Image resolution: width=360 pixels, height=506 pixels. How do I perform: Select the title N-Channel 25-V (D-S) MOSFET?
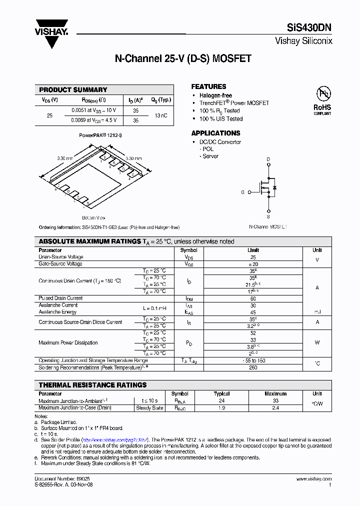click(183, 58)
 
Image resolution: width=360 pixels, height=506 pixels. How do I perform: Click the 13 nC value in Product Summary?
click(161, 115)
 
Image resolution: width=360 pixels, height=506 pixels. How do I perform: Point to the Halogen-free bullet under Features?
click(215, 95)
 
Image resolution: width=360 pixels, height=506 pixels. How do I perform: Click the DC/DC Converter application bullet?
click(220, 142)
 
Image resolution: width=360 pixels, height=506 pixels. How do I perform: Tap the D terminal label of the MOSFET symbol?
click(268, 159)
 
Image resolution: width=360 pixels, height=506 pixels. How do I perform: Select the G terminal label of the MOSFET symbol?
click(243, 192)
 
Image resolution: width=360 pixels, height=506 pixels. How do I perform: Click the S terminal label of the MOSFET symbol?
click(268, 217)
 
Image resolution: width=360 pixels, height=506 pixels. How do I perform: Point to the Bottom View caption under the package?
click(93, 218)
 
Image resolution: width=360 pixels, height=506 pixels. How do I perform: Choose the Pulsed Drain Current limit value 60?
click(253, 298)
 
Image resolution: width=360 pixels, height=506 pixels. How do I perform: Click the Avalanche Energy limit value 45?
click(253, 312)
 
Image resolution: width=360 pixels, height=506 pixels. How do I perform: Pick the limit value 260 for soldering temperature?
click(253, 367)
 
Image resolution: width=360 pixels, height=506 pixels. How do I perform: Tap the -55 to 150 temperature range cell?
click(253, 360)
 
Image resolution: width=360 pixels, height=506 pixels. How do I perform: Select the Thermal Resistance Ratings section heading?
click(93, 385)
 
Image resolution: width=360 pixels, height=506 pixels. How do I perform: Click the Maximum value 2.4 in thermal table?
click(275, 408)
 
